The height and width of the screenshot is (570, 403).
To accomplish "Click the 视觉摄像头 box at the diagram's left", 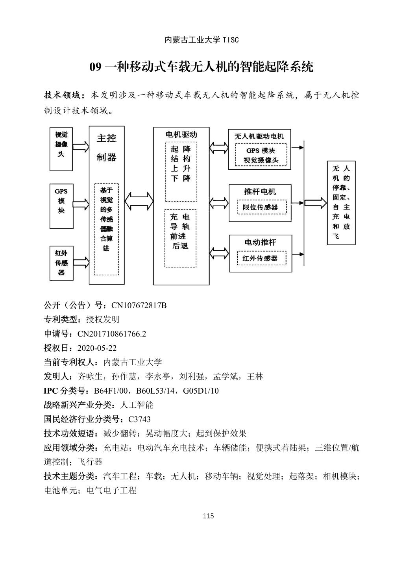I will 61,148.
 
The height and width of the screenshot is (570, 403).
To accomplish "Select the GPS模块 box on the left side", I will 61,205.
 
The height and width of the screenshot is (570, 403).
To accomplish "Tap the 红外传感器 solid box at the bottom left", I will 61,263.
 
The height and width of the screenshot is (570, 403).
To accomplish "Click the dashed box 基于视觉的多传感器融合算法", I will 106,228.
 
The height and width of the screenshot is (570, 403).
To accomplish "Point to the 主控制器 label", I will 106,148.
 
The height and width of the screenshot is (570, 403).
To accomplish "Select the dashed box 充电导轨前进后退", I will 180,238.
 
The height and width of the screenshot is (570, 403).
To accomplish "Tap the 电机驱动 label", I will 181,135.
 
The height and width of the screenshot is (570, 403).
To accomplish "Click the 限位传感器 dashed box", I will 260,207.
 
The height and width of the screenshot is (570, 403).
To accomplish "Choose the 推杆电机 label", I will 260,192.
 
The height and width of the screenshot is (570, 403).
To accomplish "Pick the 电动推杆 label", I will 260,242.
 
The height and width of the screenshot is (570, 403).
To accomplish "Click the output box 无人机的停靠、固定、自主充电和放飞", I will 341,202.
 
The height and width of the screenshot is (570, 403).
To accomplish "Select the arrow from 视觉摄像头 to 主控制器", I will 81,147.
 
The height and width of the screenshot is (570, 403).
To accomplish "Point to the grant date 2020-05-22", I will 97,348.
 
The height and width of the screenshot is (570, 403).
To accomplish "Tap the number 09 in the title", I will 96,67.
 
